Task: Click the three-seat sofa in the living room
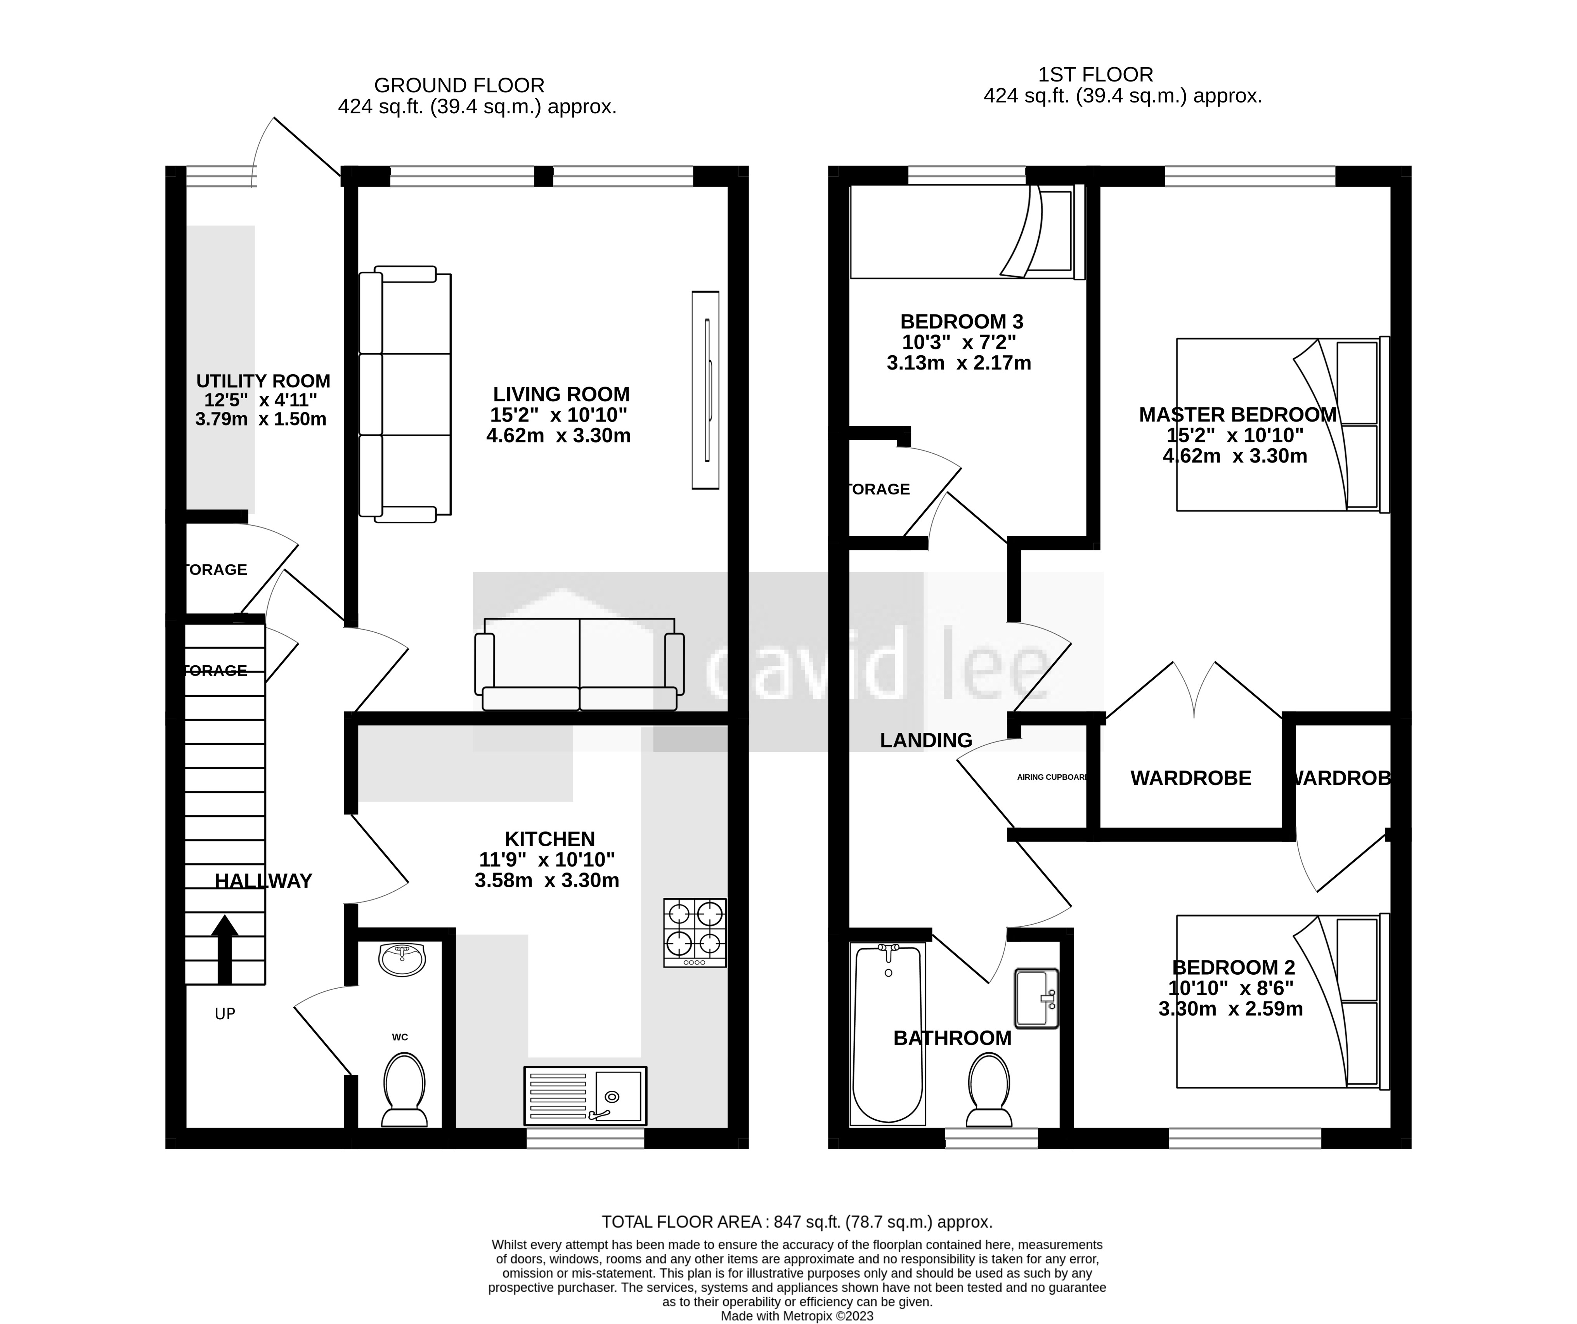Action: pyautogui.click(x=406, y=394)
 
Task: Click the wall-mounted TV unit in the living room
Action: pyautogui.click(x=705, y=390)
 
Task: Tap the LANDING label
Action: pyautogui.click(x=926, y=741)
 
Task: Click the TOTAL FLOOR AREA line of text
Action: pyautogui.click(x=797, y=1222)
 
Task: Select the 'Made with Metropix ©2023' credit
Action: pyautogui.click(x=797, y=1316)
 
